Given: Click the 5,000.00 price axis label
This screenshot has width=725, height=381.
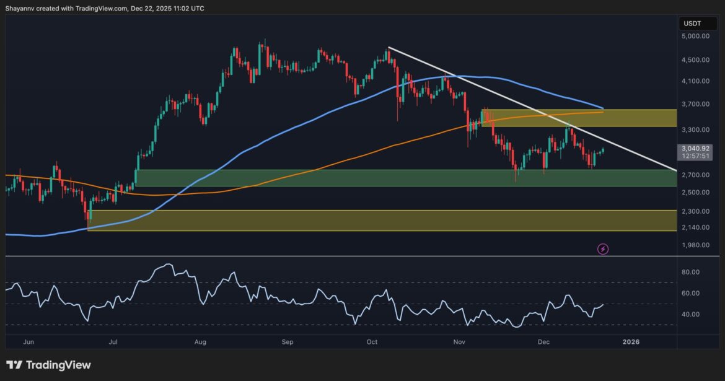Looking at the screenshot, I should [x=696, y=36].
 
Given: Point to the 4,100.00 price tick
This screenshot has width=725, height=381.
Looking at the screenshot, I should [x=696, y=81].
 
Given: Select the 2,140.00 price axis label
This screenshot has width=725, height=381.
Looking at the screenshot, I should [x=696, y=227].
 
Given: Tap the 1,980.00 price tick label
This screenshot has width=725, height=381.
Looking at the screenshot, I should [x=696, y=245].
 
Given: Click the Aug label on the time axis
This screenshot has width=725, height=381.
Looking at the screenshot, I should [x=200, y=341].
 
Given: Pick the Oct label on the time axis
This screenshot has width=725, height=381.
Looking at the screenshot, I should [x=372, y=341].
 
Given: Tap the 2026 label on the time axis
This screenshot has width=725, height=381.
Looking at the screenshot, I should [x=631, y=341].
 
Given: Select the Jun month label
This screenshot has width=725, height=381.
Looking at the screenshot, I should [x=27, y=341].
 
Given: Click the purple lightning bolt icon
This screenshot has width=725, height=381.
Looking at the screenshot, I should [x=603, y=249].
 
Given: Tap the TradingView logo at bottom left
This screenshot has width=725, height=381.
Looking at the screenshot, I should [x=48, y=365].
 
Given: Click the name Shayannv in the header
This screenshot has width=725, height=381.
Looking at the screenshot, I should [x=20, y=8].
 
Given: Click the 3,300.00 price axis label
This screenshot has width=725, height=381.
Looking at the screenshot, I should [x=696, y=130].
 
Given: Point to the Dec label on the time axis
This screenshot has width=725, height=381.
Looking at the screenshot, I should [x=544, y=341].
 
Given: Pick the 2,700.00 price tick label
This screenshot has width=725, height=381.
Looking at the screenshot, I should [x=696, y=175].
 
